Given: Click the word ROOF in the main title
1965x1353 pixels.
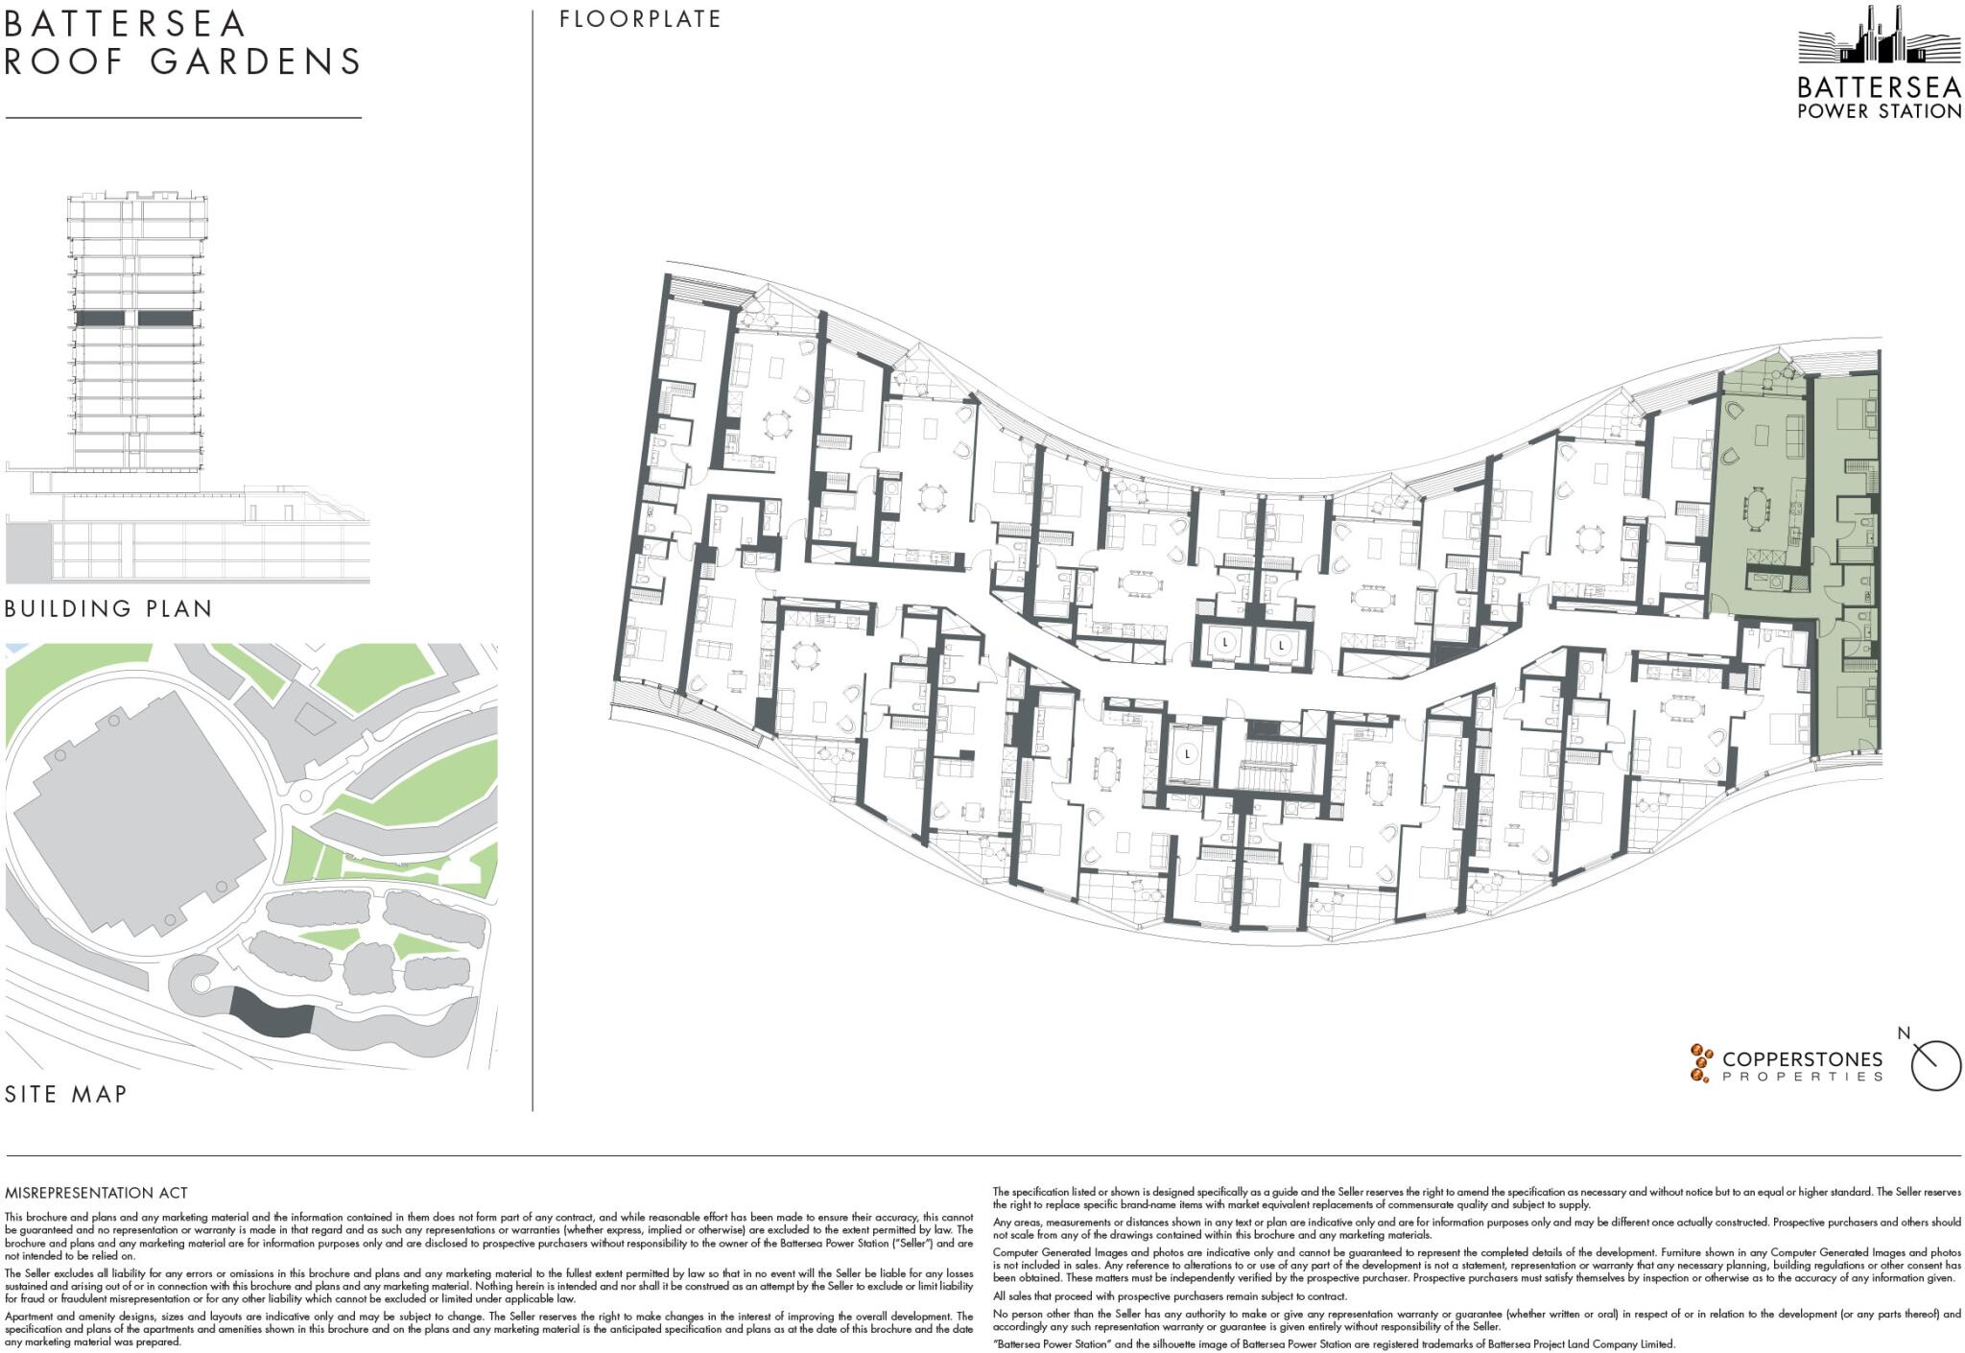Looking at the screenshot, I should point(65,61).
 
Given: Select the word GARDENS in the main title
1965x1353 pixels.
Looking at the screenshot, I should point(255,61).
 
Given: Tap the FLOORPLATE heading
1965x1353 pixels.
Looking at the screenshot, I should point(640,19).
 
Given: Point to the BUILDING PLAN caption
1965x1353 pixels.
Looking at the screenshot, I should point(108,608).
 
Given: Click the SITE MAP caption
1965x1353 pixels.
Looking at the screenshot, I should point(66,1094).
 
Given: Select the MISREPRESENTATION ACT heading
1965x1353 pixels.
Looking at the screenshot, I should point(96,1193).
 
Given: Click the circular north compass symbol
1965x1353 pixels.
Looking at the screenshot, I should point(1935,1065).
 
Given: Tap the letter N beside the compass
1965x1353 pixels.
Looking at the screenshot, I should point(1904,1033).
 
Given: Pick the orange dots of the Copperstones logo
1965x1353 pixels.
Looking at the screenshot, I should point(1701,1063).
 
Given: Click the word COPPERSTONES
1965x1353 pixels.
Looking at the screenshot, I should point(1802,1059).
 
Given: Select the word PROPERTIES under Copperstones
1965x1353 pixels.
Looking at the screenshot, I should point(1802,1077).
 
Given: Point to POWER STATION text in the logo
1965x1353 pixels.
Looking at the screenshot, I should point(1879,111).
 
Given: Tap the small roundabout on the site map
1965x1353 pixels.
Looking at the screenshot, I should point(307,795).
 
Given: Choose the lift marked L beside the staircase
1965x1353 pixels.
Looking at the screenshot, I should point(1188,754).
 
